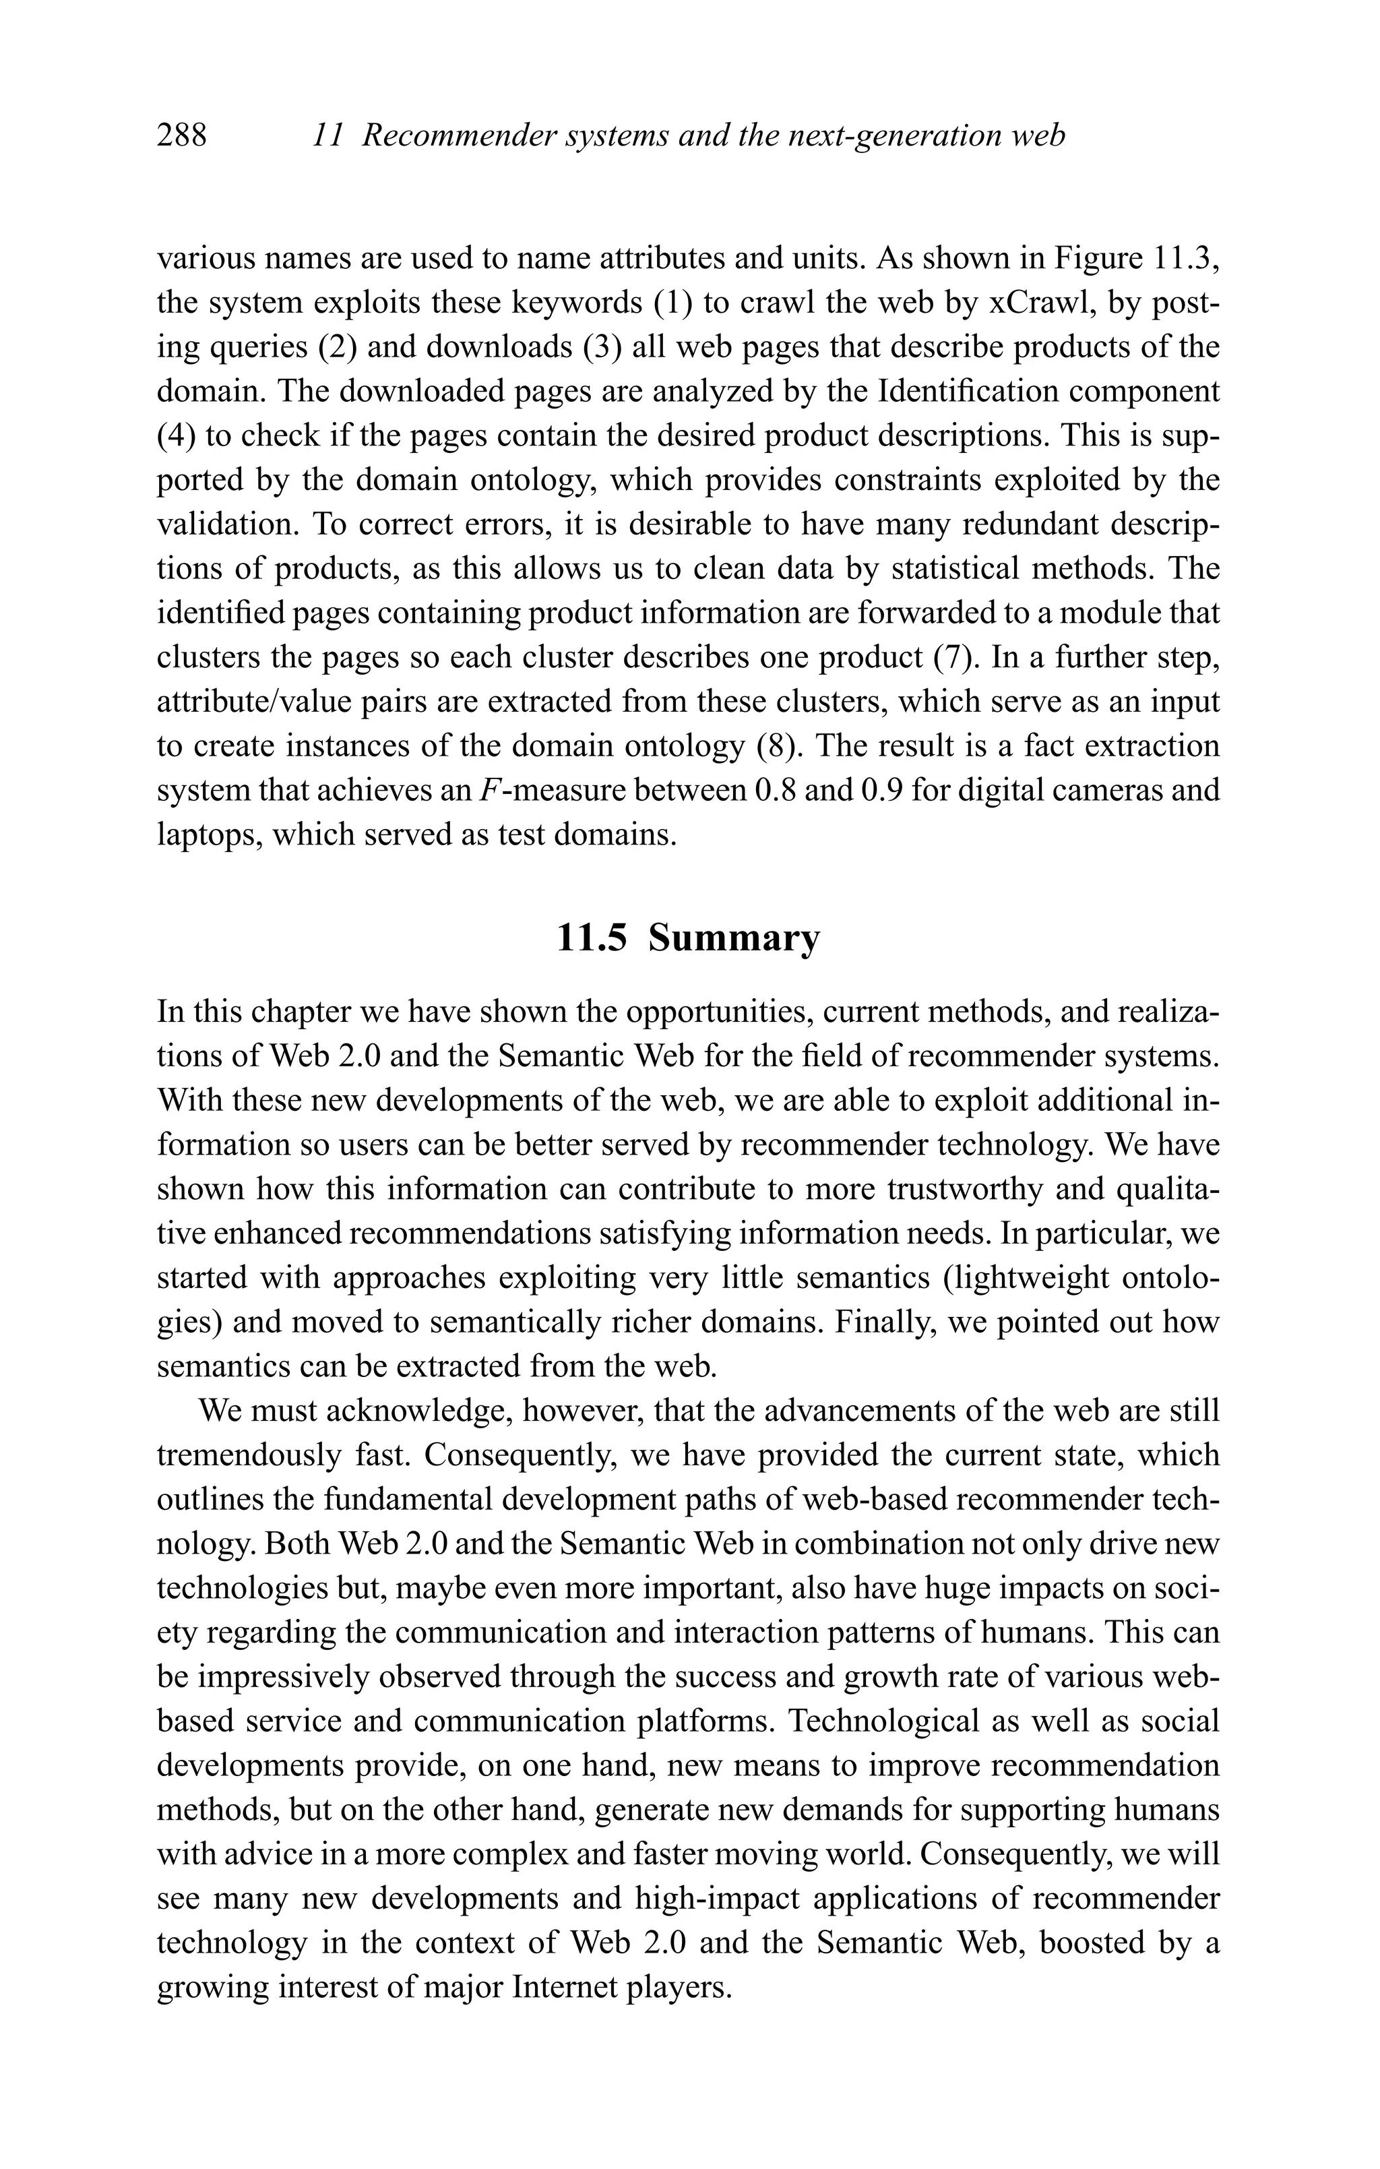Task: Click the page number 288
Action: click(x=181, y=136)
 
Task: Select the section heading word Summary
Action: click(x=734, y=939)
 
